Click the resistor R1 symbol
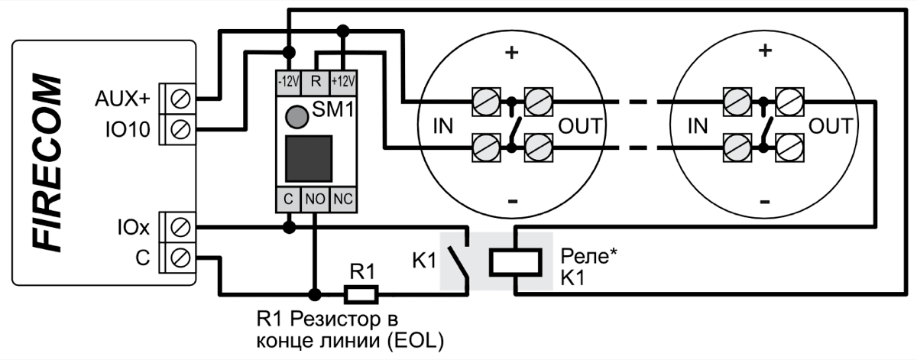(x=360, y=293)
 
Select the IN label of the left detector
(x=444, y=125)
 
